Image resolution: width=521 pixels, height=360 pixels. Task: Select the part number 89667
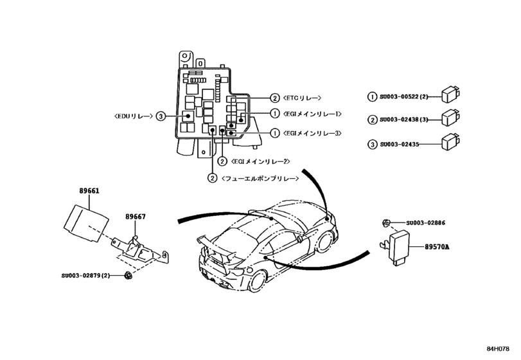pyautogui.click(x=135, y=217)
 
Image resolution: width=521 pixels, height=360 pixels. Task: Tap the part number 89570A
pyautogui.click(x=437, y=246)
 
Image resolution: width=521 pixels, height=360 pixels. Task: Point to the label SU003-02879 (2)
pyautogui.click(x=87, y=276)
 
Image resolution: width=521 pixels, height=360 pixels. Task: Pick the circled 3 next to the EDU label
pyautogui.click(x=161, y=116)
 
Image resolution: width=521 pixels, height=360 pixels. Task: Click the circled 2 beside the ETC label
pyautogui.click(x=274, y=98)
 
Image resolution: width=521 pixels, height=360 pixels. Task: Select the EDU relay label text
pyautogui.click(x=132, y=116)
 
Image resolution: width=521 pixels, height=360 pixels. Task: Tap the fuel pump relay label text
pyautogui.click(x=261, y=177)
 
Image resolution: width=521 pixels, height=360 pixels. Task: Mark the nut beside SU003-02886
pyautogui.click(x=384, y=222)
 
